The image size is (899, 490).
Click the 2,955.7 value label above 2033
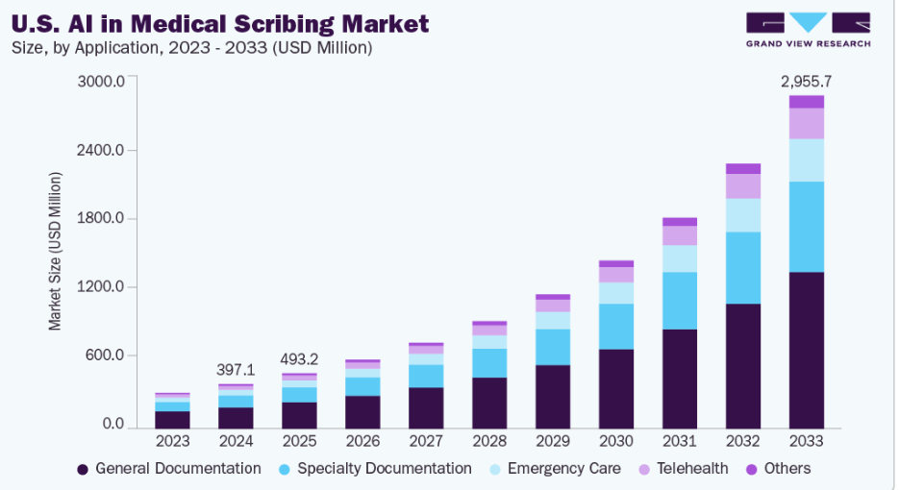point(806,82)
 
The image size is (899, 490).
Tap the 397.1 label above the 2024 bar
point(236,370)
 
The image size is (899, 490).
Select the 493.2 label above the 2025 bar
point(299,359)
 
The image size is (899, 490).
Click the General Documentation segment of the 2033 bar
point(806,350)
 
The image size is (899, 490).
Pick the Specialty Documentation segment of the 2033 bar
point(806,227)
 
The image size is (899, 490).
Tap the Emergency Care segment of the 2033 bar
point(806,160)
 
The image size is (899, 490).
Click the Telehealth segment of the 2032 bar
point(743,186)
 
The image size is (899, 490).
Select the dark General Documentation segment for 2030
point(616,389)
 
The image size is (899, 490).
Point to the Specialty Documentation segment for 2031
point(680,301)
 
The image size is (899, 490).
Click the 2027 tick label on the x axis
point(426,441)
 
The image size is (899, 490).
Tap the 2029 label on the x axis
point(553,441)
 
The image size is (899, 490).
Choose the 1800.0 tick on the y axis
point(102,218)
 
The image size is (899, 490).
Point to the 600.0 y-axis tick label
point(105,355)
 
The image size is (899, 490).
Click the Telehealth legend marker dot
point(644,470)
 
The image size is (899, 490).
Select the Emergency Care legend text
point(564,469)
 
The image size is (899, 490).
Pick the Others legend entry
point(778,469)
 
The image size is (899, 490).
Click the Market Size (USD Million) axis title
point(55,252)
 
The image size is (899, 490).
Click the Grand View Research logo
point(809,30)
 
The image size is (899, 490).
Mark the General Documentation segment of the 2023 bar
point(172,420)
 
